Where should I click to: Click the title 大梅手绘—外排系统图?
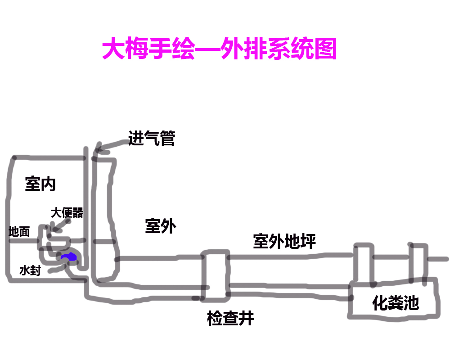pos(220,49)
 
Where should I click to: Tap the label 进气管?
pos(152,138)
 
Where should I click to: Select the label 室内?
pos(40,184)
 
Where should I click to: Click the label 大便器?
pos(67,212)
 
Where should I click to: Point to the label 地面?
pos(19,232)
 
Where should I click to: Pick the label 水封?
pos(30,270)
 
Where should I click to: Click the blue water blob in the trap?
pos(69,257)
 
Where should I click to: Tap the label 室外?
pos(161,226)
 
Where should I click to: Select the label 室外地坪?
pos(284,242)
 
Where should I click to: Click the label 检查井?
pos(230,318)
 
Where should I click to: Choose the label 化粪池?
pos(396,304)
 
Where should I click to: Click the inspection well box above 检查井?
pos(215,274)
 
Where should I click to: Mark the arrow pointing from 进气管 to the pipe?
pos(111,145)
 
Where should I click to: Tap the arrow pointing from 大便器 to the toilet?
pos(61,226)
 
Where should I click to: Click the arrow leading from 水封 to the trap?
pos(57,269)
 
